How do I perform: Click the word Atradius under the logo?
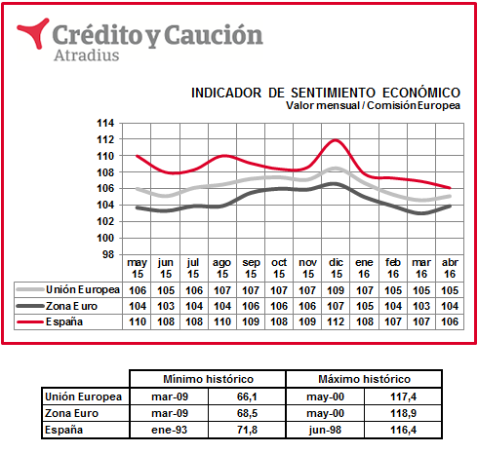[87, 56]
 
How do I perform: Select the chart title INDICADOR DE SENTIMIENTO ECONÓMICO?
[326, 93]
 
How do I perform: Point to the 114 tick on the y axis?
[105, 123]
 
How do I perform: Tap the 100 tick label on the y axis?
[105, 238]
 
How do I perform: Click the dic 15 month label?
[336, 268]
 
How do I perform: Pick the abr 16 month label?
[450, 268]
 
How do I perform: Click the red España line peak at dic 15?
[336, 140]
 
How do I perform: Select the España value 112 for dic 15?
[336, 321]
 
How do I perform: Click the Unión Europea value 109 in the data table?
[336, 290]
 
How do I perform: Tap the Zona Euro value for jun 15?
[166, 306]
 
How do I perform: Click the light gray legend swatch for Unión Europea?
[30, 289]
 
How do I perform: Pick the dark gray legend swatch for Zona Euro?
[30, 306]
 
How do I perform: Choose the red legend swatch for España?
[30, 321]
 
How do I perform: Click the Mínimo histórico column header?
[208, 379]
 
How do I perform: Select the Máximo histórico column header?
[364, 379]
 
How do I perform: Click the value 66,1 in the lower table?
[247, 396]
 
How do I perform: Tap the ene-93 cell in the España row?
[170, 430]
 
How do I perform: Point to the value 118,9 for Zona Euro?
[403, 413]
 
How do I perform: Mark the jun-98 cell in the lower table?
[325, 430]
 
